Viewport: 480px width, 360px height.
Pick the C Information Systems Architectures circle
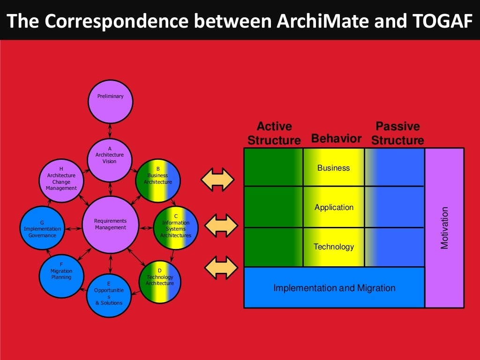click(176, 228)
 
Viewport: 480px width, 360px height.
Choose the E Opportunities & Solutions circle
click(109, 295)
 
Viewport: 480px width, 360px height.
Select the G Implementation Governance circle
click(42, 228)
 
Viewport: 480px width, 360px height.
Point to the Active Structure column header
click(274, 134)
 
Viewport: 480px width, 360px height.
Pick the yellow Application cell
click(334, 207)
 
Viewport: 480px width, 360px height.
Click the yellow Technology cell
click(334, 247)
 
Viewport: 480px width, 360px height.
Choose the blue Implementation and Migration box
click(334, 288)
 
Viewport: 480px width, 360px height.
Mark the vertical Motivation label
click(444, 228)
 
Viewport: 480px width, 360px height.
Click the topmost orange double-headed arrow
click(217, 180)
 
